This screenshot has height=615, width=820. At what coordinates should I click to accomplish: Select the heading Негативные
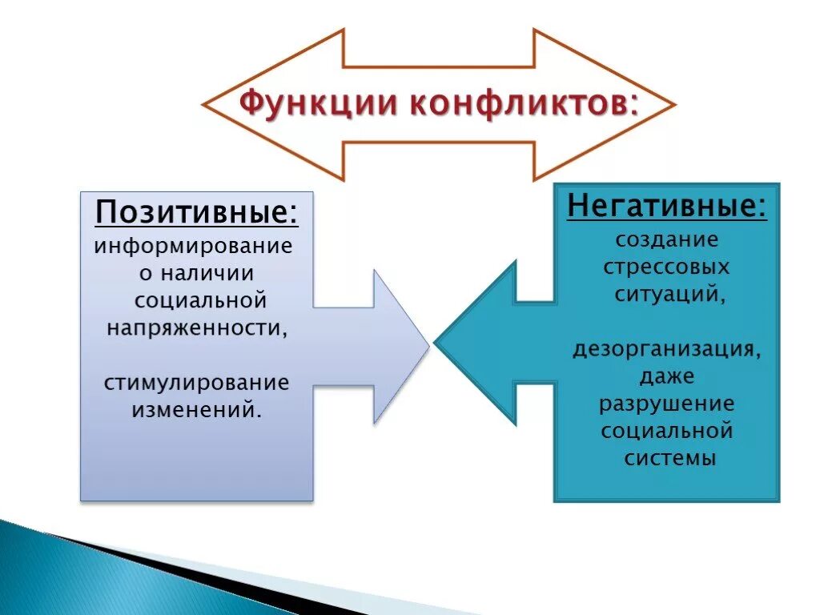point(666,206)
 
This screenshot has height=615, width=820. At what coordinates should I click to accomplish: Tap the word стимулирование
point(196,382)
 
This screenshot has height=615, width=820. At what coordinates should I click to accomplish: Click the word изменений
point(196,410)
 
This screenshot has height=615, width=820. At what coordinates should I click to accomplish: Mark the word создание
point(667,239)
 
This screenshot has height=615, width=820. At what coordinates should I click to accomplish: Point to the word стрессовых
point(666,266)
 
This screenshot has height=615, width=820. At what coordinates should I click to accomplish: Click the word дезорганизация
point(665,350)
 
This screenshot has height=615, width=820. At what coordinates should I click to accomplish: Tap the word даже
point(666,376)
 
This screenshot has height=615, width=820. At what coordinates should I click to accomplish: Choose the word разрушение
point(666,403)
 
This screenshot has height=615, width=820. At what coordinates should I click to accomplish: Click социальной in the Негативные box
point(666,431)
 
